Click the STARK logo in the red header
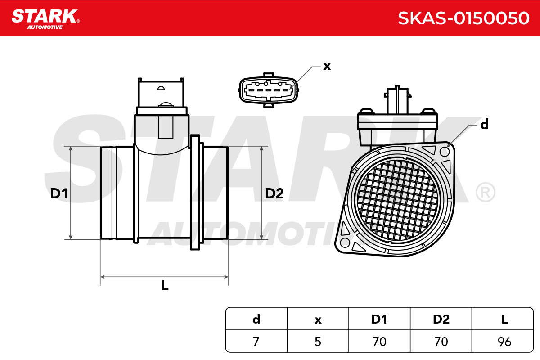tap(45, 19)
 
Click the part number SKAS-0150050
tap(463, 18)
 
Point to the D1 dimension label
tap(59, 193)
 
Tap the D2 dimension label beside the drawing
tap(274, 193)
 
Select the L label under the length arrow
tap(165, 285)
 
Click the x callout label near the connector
tap(327, 66)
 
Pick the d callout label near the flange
tap(484, 124)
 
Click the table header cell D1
tap(379, 319)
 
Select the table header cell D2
tap(441, 319)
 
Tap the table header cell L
tap(504, 319)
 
